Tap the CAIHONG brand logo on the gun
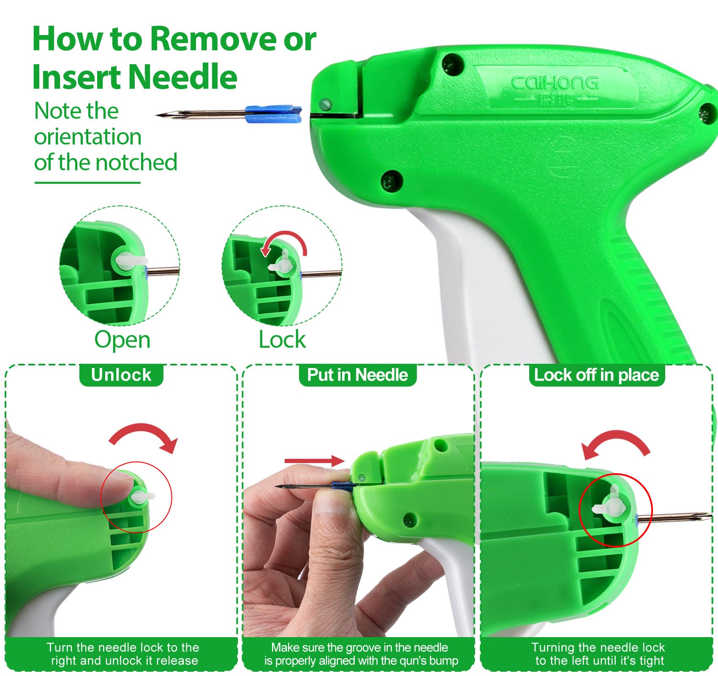(x=555, y=82)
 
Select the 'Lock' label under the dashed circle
(x=282, y=339)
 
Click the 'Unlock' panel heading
(x=121, y=375)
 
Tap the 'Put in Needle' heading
(x=357, y=375)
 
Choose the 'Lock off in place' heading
(x=596, y=375)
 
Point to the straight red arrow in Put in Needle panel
(x=315, y=461)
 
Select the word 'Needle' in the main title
(x=182, y=77)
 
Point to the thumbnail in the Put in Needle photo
(x=333, y=501)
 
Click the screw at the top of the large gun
(x=453, y=64)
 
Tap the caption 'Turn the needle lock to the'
(x=123, y=647)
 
